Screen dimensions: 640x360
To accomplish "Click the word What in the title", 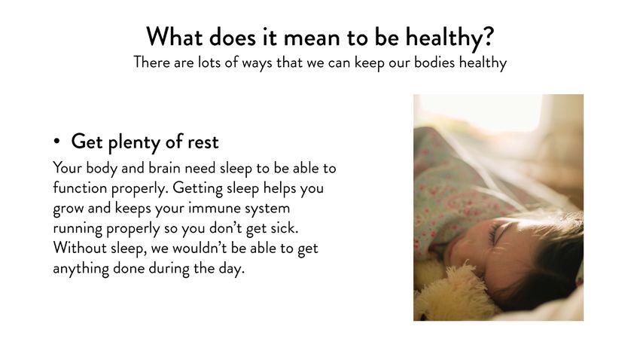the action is click(x=174, y=37).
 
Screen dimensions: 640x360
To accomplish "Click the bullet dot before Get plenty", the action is click(x=56, y=142).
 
